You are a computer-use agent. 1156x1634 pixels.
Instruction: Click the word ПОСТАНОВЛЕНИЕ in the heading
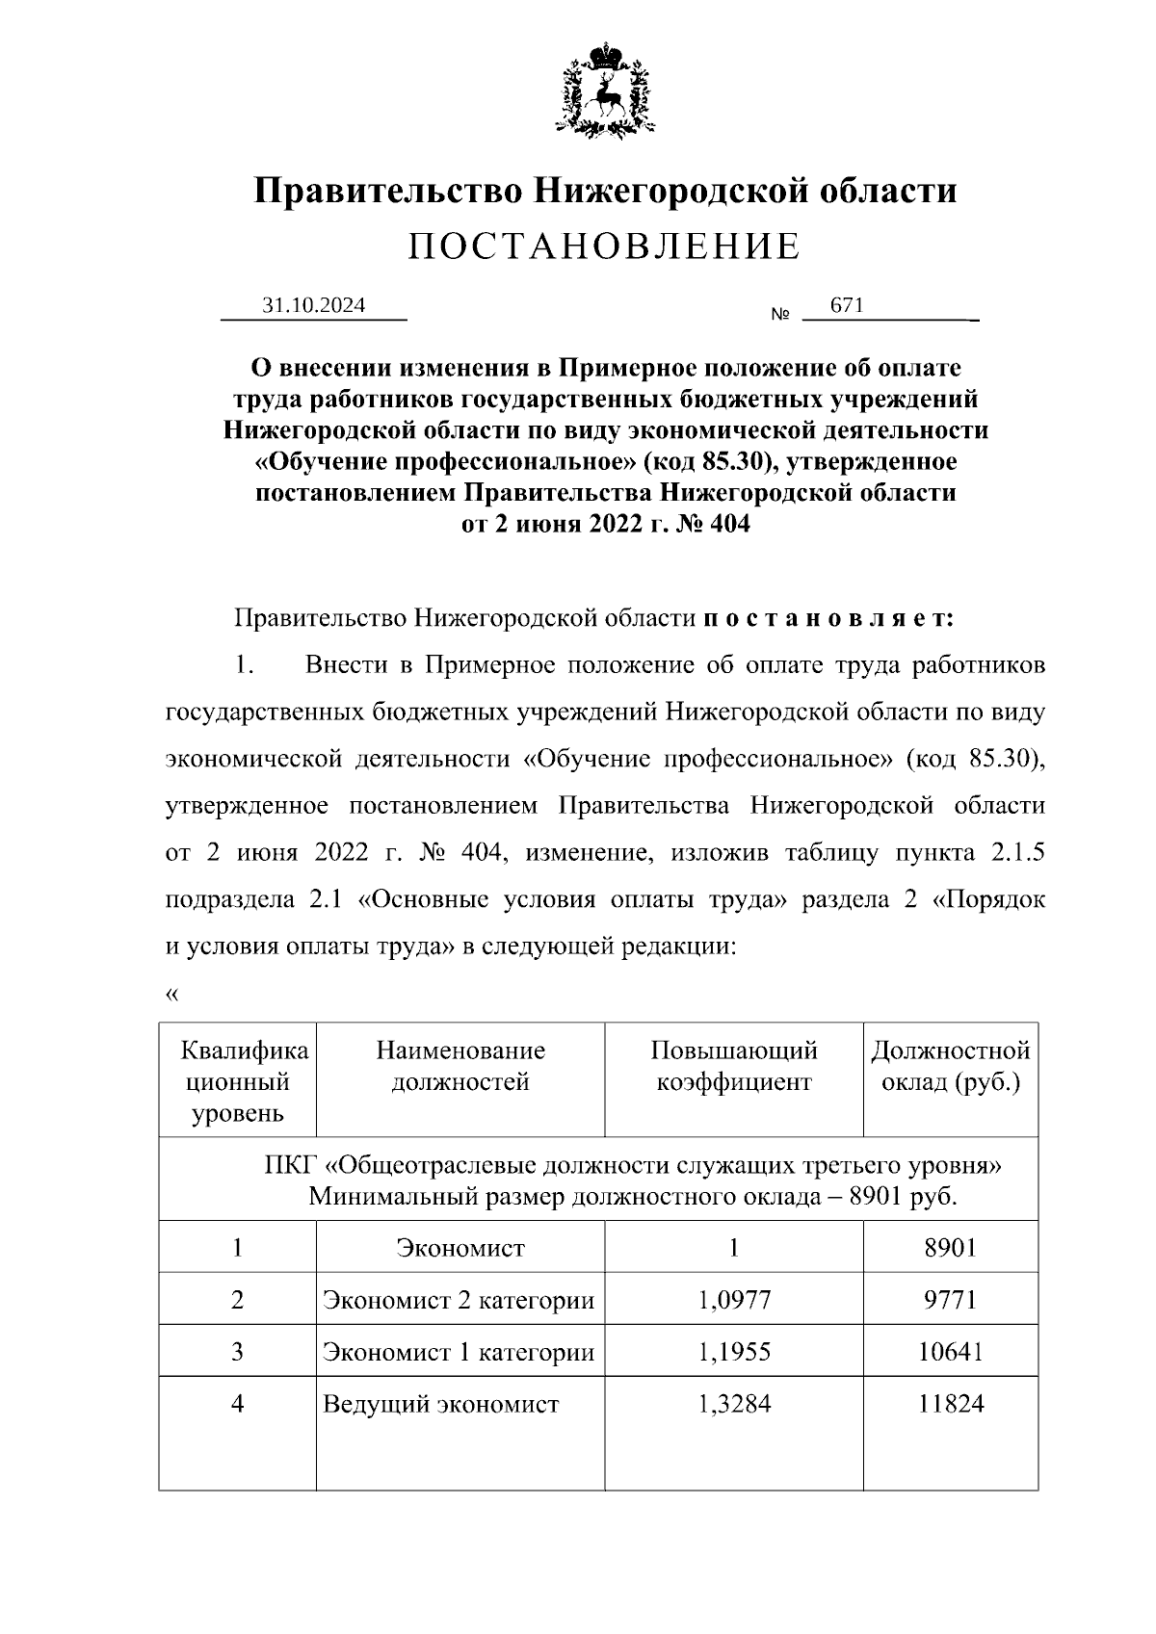pyautogui.click(x=605, y=247)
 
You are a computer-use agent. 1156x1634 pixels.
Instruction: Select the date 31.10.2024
pyautogui.click(x=314, y=305)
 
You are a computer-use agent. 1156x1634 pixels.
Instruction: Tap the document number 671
pyautogui.click(x=847, y=305)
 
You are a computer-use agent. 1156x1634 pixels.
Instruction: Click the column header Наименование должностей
pyautogui.click(x=460, y=1066)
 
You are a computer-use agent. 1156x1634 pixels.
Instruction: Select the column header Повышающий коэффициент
pyautogui.click(x=734, y=1066)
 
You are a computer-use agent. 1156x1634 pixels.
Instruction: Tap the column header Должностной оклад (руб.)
pyautogui.click(x=951, y=1066)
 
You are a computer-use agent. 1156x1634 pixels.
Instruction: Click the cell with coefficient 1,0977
pyautogui.click(x=734, y=1300)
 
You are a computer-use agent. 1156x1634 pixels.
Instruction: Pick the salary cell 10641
pyautogui.click(x=951, y=1352)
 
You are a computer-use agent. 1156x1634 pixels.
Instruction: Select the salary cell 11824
pyautogui.click(x=951, y=1404)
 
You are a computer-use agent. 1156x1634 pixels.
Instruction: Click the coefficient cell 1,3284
pyautogui.click(x=734, y=1404)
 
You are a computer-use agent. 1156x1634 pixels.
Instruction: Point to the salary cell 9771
pyautogui.click(x=951, y=1300)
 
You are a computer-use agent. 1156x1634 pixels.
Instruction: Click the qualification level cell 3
pyautogui.click(x=238, y=1352)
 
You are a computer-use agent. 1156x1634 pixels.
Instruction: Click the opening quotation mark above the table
pyautogui.click(x=172, y=995)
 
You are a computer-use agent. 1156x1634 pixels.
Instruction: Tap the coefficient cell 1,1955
pyautogui.click(x=734, y=1352)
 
